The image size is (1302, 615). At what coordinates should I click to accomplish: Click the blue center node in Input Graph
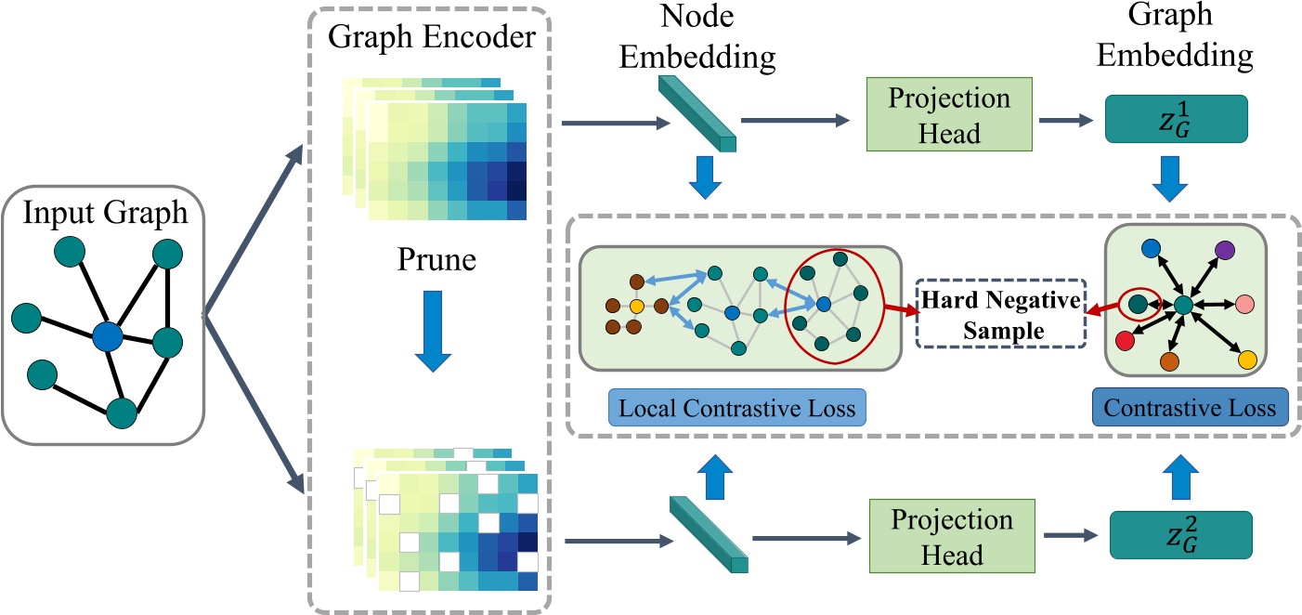[108, 336]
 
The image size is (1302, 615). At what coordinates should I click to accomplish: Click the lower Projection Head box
[936, 539]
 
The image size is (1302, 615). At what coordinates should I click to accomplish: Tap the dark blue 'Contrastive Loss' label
[1190, 409]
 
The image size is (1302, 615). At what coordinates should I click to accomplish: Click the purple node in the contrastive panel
[1224, 248]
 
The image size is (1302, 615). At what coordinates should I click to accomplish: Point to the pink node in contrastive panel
[1244, 305]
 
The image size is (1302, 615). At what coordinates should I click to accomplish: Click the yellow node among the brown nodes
[637, 306]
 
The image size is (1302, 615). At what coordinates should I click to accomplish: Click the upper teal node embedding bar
[698, 114]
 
